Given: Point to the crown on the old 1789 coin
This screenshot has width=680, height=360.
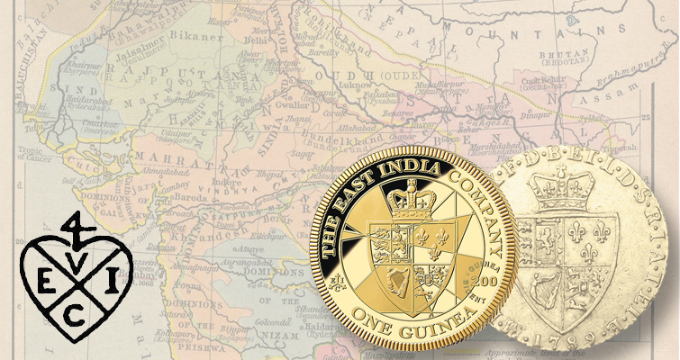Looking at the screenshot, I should pyautogui.click(x=555, y=190).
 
